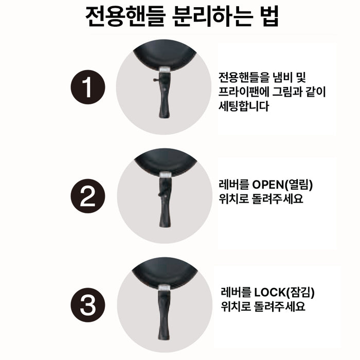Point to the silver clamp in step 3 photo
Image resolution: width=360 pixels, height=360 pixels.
165,286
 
